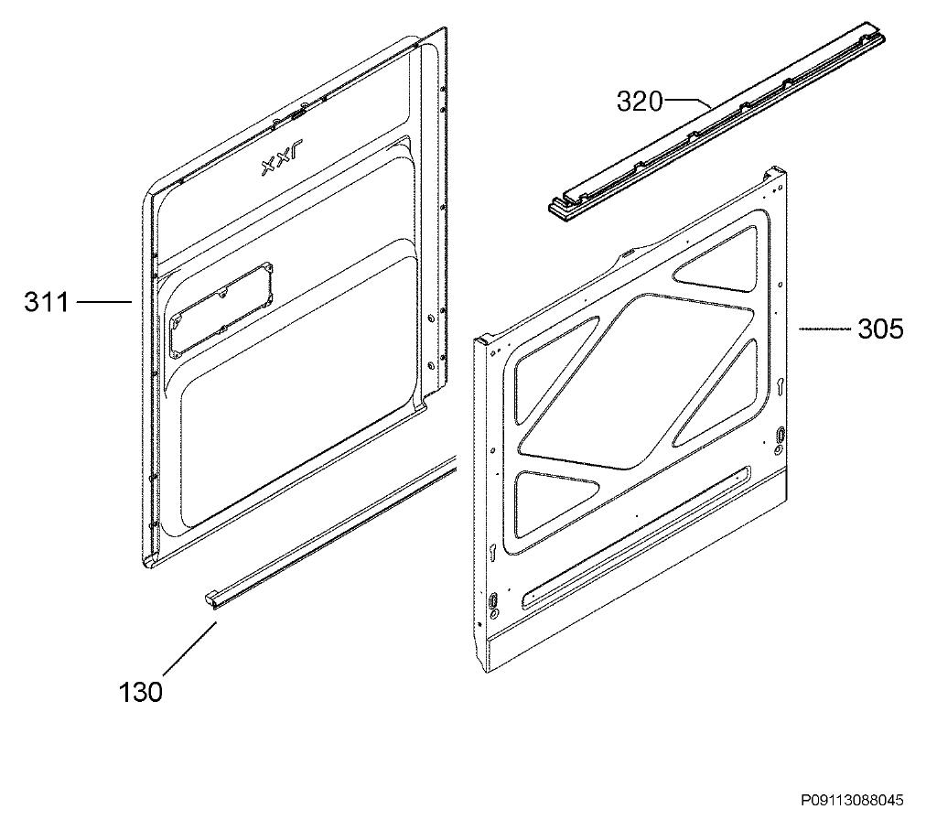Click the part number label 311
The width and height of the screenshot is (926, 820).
pos(47,302)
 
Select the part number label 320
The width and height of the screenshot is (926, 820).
pos(641,101)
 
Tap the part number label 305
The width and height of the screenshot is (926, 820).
pos(880,329)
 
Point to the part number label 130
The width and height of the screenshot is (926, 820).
pos(141,692)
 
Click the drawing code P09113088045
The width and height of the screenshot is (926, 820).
pos(852,801)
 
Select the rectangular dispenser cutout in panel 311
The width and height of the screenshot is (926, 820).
pos(221,311)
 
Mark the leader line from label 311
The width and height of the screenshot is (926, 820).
pos(104,302)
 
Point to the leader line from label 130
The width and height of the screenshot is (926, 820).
pos(189,648)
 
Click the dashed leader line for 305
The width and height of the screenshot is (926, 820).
pos(824,329)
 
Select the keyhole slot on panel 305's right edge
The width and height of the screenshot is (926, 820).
pos(781,386)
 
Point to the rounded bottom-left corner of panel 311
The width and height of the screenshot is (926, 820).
pos(149,561)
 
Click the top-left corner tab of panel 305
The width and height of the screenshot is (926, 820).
pos(482,340)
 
